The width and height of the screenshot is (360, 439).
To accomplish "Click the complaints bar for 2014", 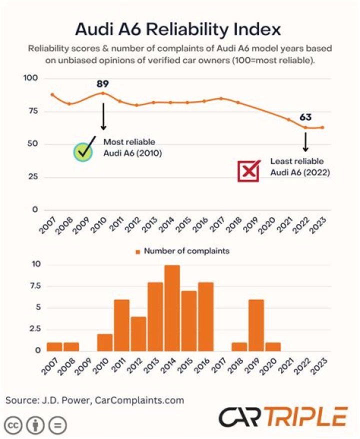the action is (172, 308).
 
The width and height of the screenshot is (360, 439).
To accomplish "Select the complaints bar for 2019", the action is (256, 325).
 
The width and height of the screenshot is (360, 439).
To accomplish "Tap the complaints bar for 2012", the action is (138, 333).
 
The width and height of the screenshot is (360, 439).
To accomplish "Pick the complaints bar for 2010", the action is (105, 342).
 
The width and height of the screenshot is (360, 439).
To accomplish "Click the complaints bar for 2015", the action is (189, 321).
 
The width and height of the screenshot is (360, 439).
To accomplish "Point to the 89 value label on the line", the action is (102, 83).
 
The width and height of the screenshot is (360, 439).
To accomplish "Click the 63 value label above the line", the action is (305, 117).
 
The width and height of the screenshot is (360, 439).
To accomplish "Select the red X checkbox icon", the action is (248, 171).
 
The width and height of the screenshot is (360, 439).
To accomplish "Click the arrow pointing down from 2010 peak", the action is (103, 116).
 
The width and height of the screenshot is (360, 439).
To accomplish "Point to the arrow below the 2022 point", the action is (305, 142).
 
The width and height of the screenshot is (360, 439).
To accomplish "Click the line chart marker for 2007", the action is (52, 94).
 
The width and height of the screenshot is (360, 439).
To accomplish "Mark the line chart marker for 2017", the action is (221, 98).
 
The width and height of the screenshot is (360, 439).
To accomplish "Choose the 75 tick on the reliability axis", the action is (33, 111).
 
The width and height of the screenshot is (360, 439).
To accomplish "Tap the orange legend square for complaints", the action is (137, 252).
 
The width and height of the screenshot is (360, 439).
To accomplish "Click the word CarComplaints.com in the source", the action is (139, 400).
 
